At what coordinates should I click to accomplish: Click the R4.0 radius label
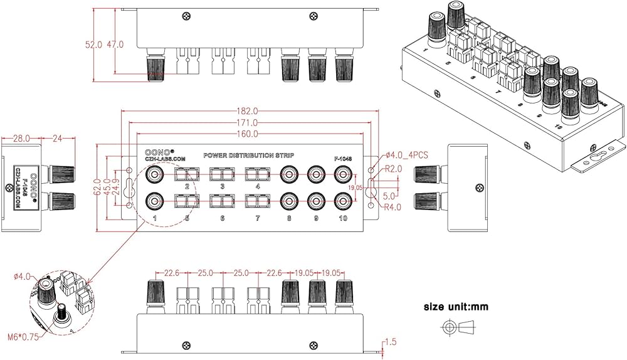(x=394, y=207)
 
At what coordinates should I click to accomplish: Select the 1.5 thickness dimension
(x=392, y=342)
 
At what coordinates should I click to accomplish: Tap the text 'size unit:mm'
(x=456, y=307)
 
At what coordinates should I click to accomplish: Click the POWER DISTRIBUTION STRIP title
(x=249, y=155)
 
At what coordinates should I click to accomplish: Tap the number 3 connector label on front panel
(x=222, y=187)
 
